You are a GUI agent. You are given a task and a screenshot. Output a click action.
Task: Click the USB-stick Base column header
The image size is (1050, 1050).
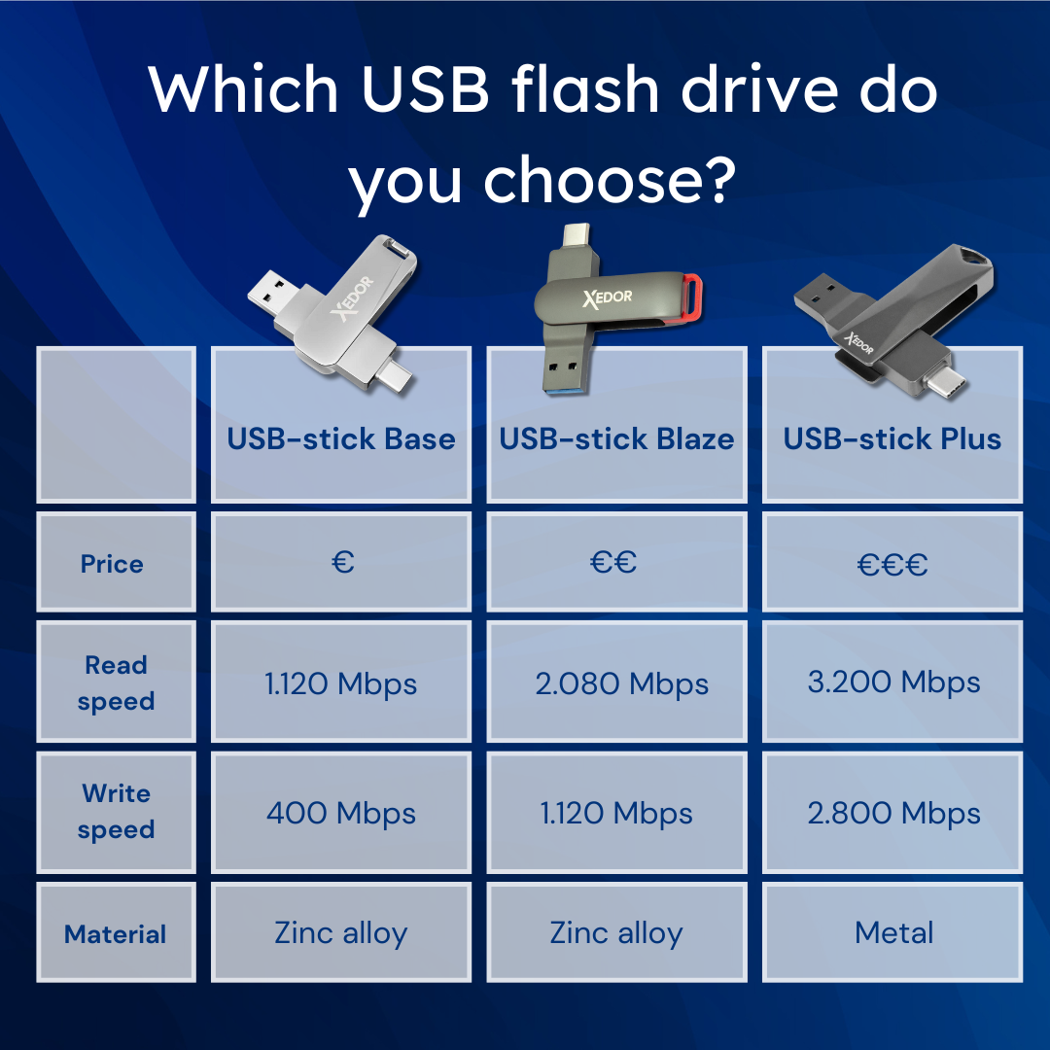click(340, 438)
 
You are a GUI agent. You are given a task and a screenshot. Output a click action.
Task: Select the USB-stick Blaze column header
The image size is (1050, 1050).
click(616, 438)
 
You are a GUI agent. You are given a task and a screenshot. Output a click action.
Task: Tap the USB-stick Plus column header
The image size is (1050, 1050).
click(892, 438)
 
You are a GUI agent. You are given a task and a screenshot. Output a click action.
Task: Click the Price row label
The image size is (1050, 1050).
click(112, 564)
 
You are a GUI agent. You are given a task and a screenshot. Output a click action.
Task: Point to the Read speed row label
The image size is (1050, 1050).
click(116, 683)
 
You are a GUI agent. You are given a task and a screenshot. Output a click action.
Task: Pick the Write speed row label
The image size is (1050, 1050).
click(116, 812)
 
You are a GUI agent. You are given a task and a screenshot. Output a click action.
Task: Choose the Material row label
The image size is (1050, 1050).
click(116, 934)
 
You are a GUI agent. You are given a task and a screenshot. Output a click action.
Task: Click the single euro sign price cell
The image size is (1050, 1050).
click(342, 562)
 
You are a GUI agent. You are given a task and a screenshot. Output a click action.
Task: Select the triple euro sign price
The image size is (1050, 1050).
click(892, 565)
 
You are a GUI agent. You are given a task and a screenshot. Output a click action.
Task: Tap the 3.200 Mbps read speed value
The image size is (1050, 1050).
click(892, 682)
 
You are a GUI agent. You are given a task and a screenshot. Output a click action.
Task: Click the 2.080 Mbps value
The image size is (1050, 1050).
click(621, 683)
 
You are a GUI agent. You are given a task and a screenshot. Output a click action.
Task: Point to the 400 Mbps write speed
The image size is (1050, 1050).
click(340, 813)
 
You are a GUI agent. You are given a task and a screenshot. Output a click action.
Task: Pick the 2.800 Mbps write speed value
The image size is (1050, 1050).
click(892, 813)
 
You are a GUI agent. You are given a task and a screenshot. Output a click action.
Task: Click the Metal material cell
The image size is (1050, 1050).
click(893, 933)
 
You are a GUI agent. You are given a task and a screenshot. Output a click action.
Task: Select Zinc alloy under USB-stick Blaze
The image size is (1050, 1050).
click(616, 933)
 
